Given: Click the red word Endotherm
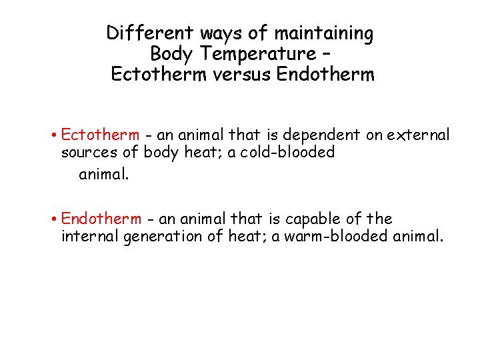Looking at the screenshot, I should [x=101, y=219].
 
